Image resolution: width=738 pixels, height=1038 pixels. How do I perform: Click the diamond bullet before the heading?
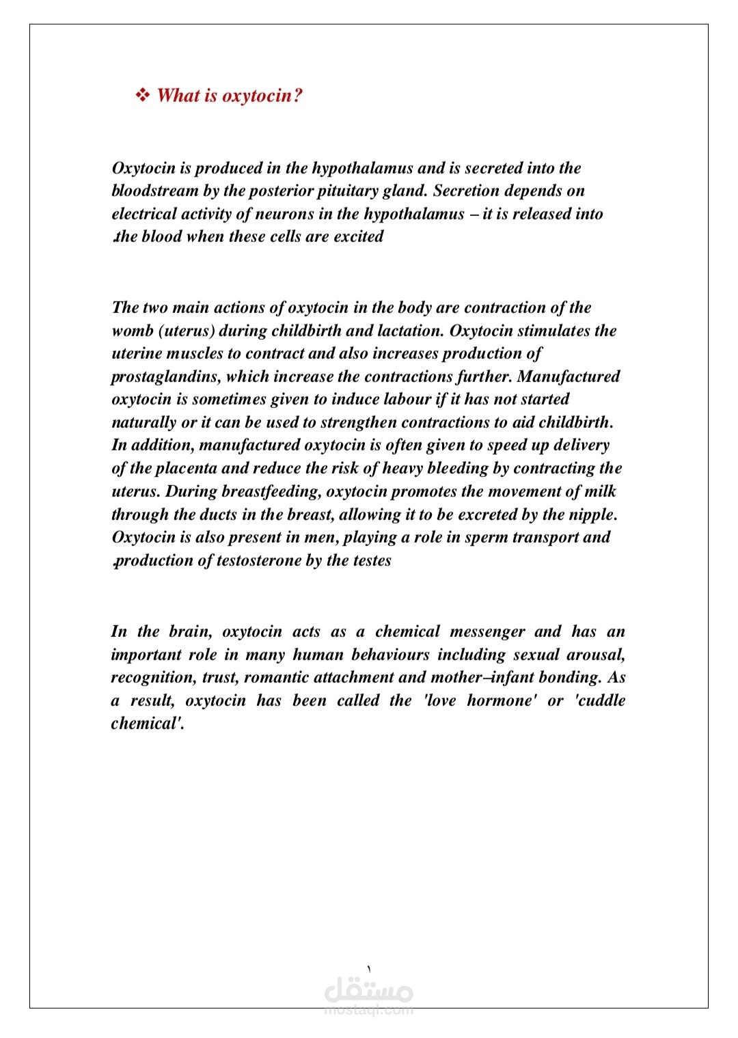(143, 95)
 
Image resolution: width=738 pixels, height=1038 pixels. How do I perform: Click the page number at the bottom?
(369, 969)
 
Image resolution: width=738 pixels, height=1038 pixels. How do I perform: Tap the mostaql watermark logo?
(369, 994)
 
